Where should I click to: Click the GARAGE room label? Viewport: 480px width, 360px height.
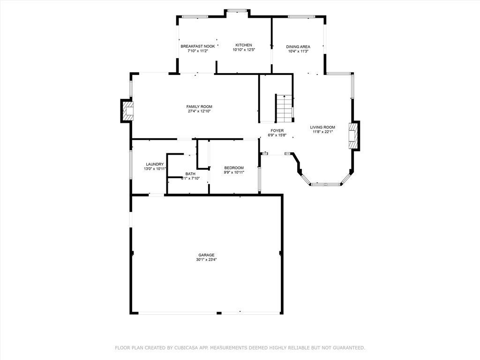(x=206, y=255)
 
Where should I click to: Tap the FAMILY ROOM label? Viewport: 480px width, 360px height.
(x=199, y=106)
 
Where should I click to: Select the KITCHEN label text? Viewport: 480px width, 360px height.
(x=244, y=45)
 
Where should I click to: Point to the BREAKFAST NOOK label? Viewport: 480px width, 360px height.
(x=198, y=46)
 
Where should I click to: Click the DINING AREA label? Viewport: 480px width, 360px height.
(x=298, y=47)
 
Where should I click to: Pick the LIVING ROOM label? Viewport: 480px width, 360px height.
(x=322, y=127)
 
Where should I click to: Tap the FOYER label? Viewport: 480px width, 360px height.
(x=277, y=131)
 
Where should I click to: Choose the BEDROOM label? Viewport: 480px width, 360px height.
(x=234, y=168)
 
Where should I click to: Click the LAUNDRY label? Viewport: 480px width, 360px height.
(x=155, y=165)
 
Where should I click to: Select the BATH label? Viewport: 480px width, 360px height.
(x=190, y=174)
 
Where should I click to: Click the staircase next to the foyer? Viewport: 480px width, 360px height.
(x=285, y=108)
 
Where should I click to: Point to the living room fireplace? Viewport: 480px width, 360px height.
(x=353, y=135)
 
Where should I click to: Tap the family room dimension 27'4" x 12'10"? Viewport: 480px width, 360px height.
(x=199, y=111)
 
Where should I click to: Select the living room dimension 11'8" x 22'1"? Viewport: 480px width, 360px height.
(x=322, y=132)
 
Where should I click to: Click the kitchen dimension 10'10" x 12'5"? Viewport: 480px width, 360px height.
(x=244, y=50)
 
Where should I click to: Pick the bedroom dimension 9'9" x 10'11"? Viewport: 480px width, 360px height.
(x=234, y=172)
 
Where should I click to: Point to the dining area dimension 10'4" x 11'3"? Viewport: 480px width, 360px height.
(x=298, y=52)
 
